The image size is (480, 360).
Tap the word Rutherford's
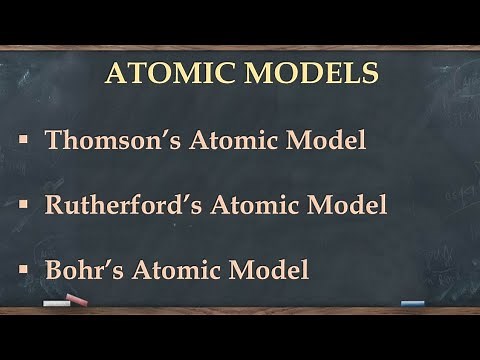pyautogui.click(x=119, y=205)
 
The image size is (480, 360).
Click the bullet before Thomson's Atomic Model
pyautogui.click(x=23, y=140)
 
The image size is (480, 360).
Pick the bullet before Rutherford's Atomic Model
pyautogui.click(x=23, y=205)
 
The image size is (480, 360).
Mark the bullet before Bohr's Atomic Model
pyautogui.click(x=23, y=270)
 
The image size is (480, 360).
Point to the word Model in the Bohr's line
pyautogui.click(x=273, y=270)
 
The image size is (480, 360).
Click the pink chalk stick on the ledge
pyautogui.click(x=77, y=300)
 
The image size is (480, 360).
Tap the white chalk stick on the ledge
pyautogui.click(x=56, y=303)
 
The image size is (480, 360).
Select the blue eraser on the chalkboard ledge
pyautogui.click(x=412, y=302)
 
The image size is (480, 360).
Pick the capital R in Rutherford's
pyautogui.click(x=55, y=205)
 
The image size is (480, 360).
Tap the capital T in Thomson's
pyautogui.click(x=54, y=139)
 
